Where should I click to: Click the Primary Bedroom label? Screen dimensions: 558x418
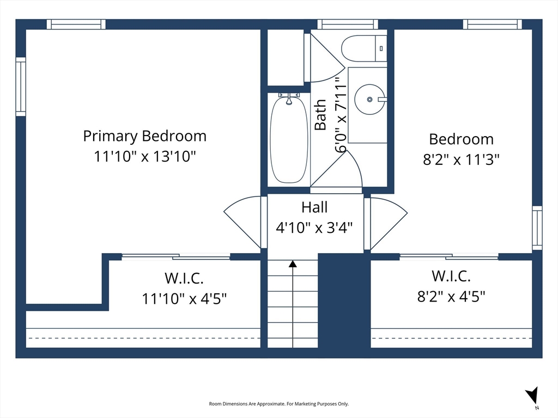point(145,137)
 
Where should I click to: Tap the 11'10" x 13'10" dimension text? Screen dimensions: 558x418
point(145,156)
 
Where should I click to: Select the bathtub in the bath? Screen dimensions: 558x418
point(289,139)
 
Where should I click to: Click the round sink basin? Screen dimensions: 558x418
point(370,99)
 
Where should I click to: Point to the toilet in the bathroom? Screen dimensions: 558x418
point(363,48)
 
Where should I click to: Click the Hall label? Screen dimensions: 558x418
point(314,207)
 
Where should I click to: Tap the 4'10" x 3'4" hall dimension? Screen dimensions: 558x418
point(314,227)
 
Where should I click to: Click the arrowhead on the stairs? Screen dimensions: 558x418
point(293,264)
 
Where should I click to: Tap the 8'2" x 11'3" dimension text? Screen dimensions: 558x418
point(461,159)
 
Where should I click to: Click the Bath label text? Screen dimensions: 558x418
point(320,115)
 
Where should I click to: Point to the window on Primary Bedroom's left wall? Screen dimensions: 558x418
point(21,87)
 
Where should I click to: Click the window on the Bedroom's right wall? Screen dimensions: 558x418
point(537,228)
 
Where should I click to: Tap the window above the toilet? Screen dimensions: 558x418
point(348,24)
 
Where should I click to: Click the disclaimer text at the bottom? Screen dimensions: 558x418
point(278,404)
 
